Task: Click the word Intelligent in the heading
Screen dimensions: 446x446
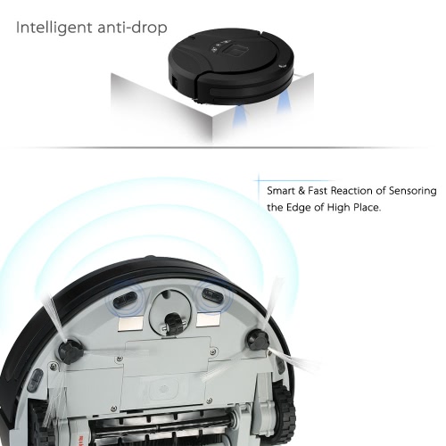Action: pos(54,28)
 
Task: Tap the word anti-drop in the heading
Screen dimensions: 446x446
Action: pos(132,27)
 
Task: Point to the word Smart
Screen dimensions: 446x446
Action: pos(281,191)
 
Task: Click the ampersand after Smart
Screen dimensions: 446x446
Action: pos(301,191)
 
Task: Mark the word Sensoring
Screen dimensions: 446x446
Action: pos(413,191)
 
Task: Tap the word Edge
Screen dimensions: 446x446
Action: pos(299,207)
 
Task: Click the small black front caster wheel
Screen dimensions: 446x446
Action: pos(171,323)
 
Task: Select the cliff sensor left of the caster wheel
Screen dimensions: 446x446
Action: pos(125,299)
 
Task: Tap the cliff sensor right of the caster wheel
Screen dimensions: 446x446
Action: pos(212,295)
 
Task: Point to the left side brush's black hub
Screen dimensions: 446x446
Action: pos(70,352)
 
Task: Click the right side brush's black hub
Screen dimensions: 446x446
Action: pos(258,340)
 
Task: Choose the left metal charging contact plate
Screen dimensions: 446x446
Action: pos(130,324)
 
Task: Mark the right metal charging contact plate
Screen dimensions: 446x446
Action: pos(209,319)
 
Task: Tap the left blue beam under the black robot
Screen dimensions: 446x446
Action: pos(242,119)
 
